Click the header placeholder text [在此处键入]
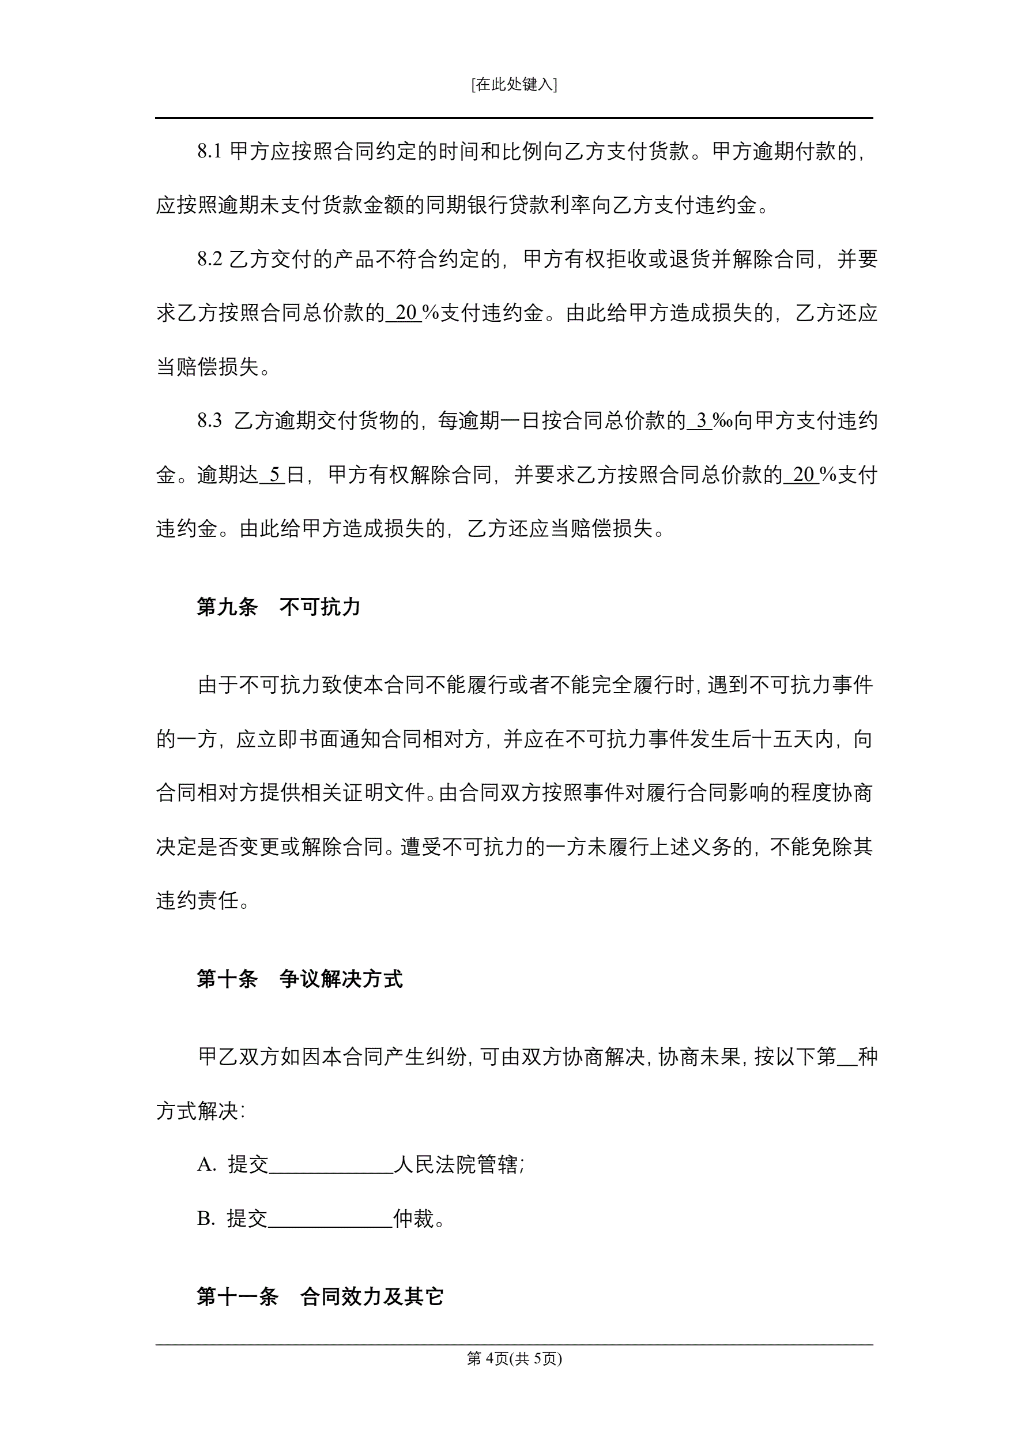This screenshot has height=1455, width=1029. coord(514,84)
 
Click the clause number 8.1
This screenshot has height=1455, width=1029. coord(209,152)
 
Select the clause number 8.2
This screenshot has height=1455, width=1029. coord(209,259)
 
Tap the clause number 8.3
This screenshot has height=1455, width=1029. coord(209,421)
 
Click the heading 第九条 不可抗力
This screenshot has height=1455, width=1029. coord(278,607)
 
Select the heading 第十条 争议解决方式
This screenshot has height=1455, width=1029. coord(299,979)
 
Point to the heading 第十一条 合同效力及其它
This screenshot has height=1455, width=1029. coord(319,1296)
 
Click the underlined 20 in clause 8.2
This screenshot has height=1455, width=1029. coord(405,313)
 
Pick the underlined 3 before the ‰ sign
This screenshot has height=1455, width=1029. coord(702,421)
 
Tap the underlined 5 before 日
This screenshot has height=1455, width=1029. coord(274,475)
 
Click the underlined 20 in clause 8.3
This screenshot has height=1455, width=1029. coord(803,475)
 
